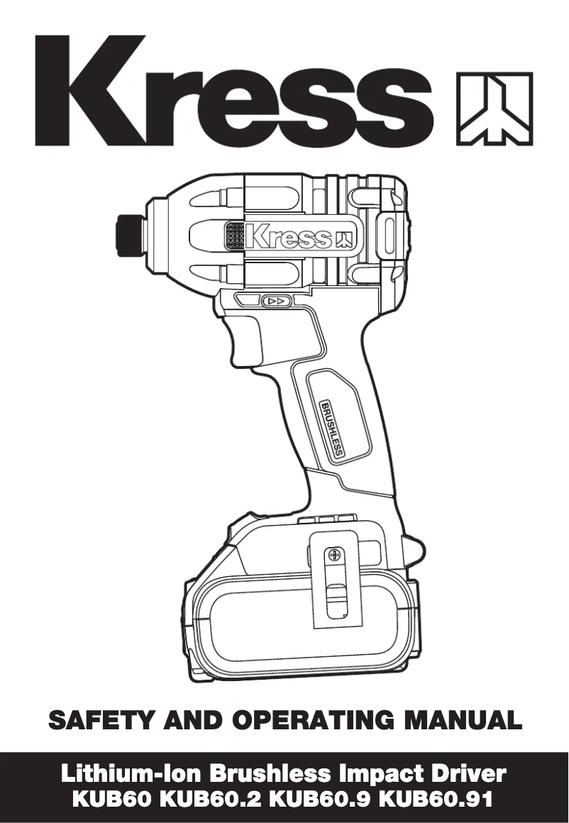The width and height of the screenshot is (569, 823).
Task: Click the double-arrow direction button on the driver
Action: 277,302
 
